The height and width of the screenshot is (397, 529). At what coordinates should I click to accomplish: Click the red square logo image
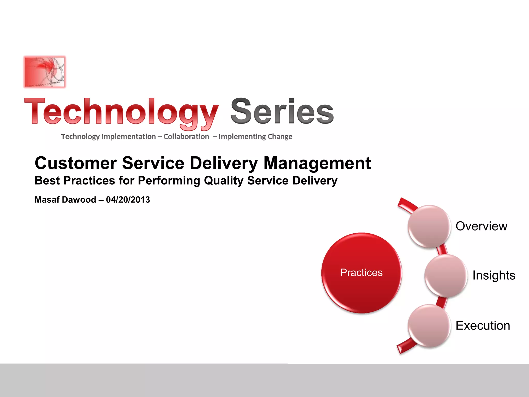pos(45,72)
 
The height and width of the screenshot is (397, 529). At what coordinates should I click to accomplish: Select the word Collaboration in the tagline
pos(186,136)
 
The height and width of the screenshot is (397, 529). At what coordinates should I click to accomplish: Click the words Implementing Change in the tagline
pos(255,136)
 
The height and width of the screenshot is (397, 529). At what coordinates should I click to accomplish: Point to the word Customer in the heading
pos(76,163)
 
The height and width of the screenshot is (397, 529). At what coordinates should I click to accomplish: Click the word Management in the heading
pos(317,163)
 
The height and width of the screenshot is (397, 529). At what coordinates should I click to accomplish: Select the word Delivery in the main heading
pos(224,163)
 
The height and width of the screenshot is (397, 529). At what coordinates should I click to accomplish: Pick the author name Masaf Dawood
pos(65,200)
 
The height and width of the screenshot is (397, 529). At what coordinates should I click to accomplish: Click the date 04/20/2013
pos(128,200)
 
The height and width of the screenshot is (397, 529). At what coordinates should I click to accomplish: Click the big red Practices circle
pos(361,273)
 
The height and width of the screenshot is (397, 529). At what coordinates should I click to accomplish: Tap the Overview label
pos(481,226)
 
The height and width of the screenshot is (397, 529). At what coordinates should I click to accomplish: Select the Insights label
pos(494,275)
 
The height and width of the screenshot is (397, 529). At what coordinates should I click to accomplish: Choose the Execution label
pos(483,325)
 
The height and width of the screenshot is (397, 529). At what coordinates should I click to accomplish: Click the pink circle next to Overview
pos(429,227)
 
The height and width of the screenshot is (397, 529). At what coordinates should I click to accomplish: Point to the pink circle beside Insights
pos(446,276)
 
